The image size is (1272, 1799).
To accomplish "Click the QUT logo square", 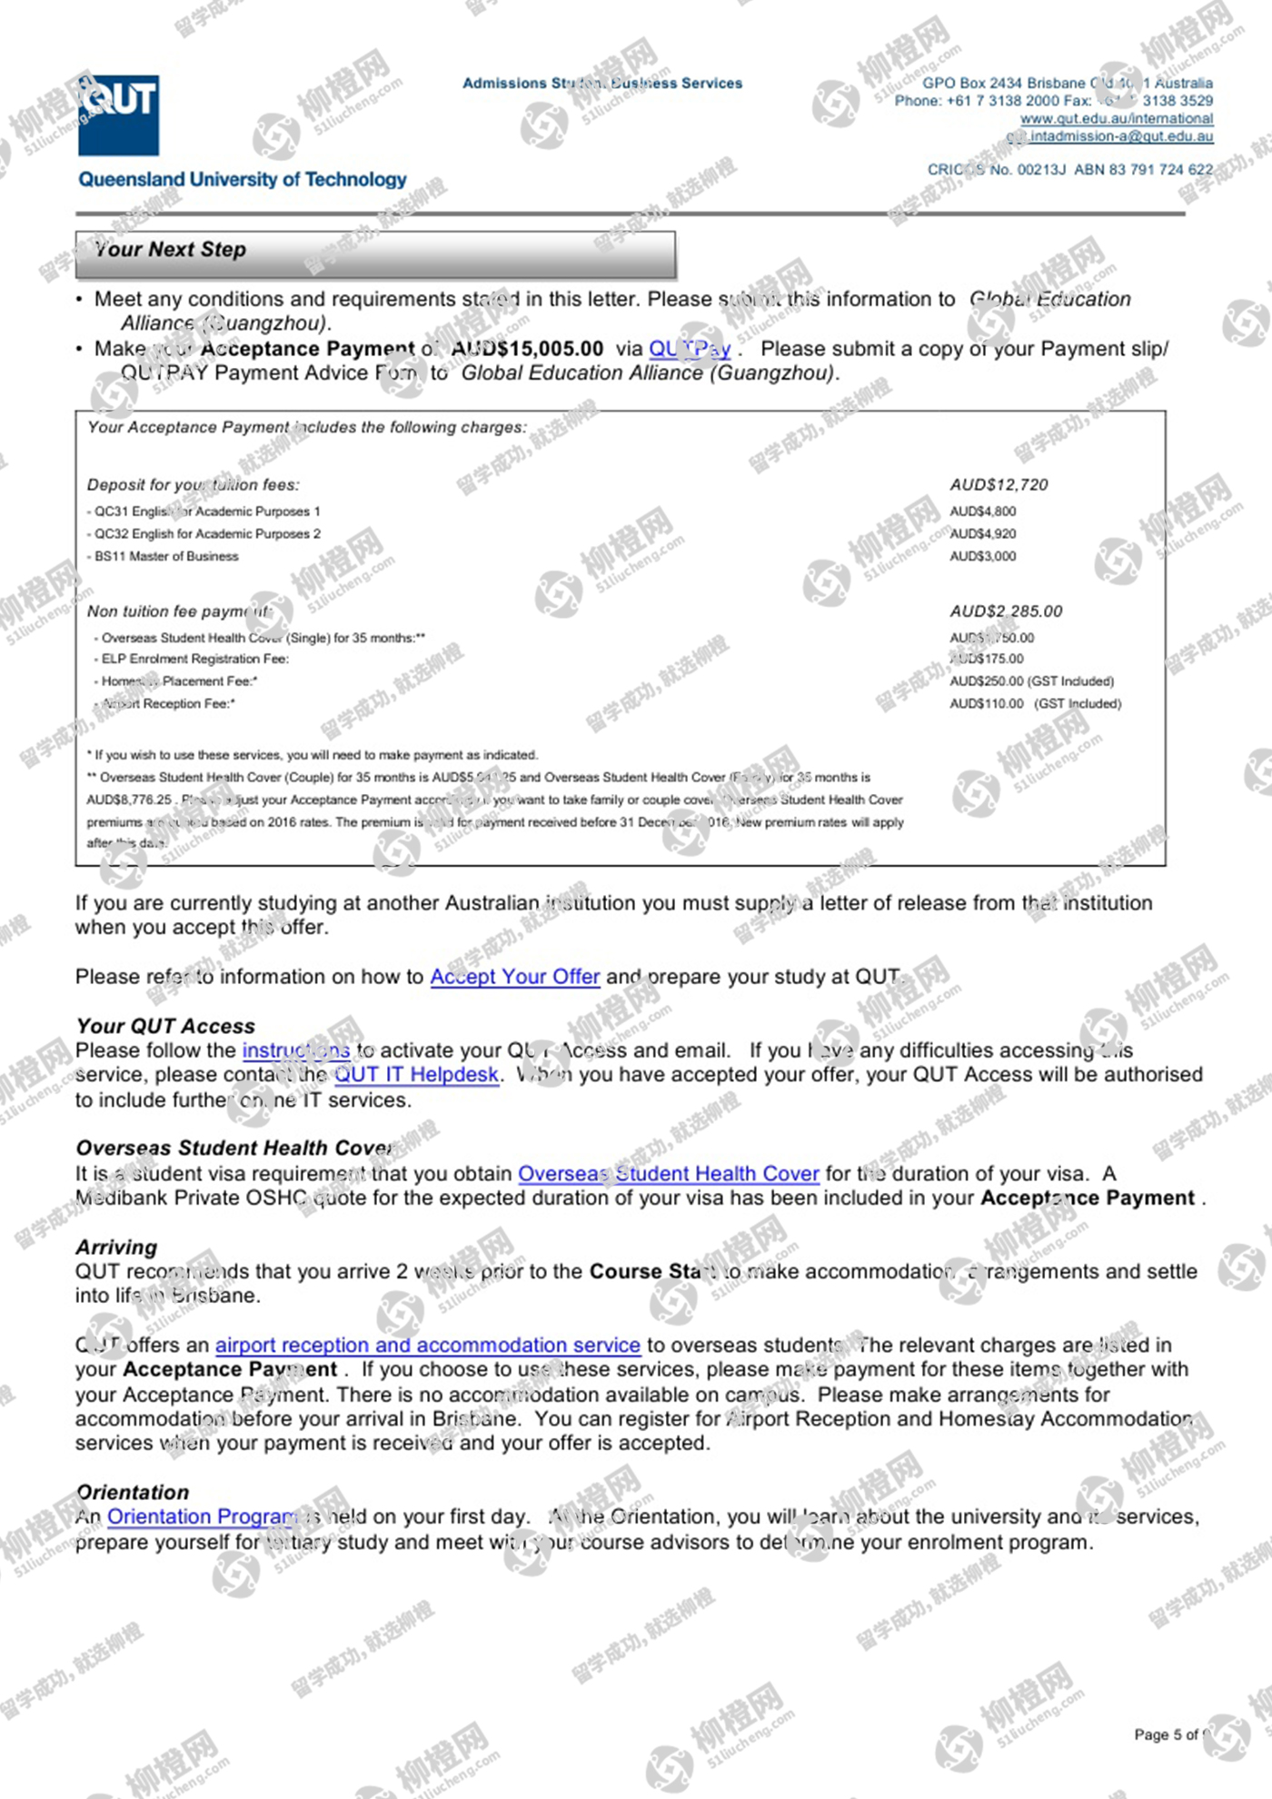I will point(119,114).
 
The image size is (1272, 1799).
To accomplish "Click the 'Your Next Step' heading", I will point(171,250).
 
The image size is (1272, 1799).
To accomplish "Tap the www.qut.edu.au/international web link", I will point(1116,119).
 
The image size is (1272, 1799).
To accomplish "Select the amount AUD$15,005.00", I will point(527,349).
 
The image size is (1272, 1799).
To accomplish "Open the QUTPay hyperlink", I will point(690,349).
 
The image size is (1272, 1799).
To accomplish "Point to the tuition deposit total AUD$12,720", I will point(999,485).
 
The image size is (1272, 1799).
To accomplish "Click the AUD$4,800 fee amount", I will point(983,512).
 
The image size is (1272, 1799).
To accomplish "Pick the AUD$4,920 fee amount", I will point(983,534).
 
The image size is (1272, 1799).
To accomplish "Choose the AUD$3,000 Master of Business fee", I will point(983,556).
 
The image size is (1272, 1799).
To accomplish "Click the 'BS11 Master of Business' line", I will point(166,556).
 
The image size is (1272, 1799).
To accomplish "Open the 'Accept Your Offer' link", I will point(514,977).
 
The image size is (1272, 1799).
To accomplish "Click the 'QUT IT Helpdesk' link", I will point(416,1075).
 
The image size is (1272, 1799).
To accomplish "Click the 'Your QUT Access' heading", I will point(165,1026).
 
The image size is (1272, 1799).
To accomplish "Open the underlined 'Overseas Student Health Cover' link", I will point(668,1174).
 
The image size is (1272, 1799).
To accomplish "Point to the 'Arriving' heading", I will point(116,1247).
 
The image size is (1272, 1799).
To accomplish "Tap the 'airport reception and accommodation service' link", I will point(427,1346).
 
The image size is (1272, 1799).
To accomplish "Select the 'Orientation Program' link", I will point(202,1517).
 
